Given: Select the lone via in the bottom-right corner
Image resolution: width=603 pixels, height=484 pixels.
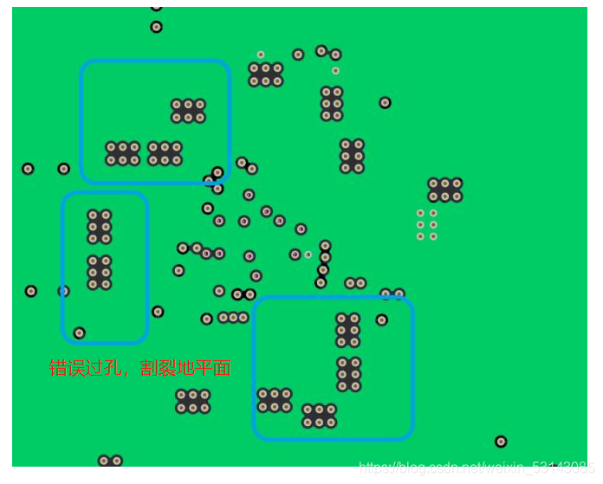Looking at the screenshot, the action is click(501, 442).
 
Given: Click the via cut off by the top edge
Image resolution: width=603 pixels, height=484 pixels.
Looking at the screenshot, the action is click(156, 6).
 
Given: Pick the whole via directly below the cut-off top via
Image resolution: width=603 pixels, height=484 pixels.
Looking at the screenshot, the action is click(156, 27).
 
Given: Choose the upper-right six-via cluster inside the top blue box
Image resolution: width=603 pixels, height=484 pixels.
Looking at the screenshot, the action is click(188, 111).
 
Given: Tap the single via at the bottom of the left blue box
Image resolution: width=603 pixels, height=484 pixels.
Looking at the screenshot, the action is click(80, 332).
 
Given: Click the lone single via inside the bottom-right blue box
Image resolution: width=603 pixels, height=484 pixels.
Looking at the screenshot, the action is click(382, 320).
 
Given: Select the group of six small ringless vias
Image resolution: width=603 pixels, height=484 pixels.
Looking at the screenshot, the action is click(427, 224).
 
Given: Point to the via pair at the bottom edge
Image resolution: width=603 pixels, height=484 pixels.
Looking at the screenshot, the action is click(110, 461).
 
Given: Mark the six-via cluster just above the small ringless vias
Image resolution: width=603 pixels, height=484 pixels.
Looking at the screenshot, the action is click(444, 190).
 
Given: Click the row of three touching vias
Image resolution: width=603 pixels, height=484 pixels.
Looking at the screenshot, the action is click(234, 318).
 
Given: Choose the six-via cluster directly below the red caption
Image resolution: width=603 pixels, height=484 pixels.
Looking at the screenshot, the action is click(193, 401).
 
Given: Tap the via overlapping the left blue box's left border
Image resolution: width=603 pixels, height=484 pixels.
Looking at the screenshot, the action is click(64, 291).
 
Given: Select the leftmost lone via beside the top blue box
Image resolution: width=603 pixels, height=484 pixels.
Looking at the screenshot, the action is click(28, 169).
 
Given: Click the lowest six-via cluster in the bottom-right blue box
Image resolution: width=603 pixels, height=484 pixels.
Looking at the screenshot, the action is click(319, 416).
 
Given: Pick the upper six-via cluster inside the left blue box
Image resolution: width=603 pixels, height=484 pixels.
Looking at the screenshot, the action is click(100, 227).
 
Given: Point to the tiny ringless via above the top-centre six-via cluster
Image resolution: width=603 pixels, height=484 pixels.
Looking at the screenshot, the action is click(261, 55).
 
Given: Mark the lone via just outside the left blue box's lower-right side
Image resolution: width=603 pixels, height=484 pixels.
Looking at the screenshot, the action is click(158, 312).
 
